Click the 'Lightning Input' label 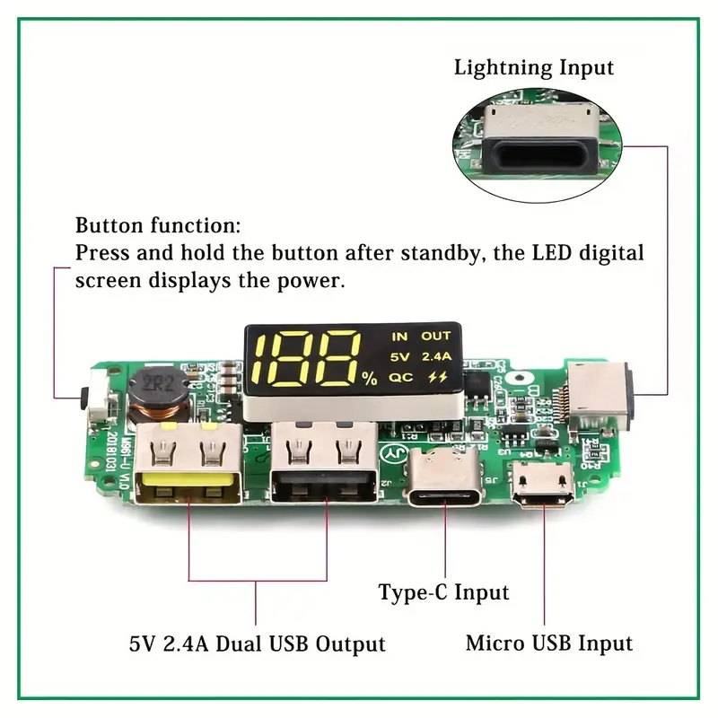click(533, 67)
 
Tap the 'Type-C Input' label click(443, 592)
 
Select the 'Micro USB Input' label click(548, 644)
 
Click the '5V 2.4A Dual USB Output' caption click(256, 644)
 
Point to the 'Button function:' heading click(158, 225)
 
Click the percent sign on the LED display click(370, 379)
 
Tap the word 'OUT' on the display click(436, 337)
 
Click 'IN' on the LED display click(399, 337)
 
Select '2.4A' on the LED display click(437, 356)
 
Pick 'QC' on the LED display click(400, 378)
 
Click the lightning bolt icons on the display click(438, 378)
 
